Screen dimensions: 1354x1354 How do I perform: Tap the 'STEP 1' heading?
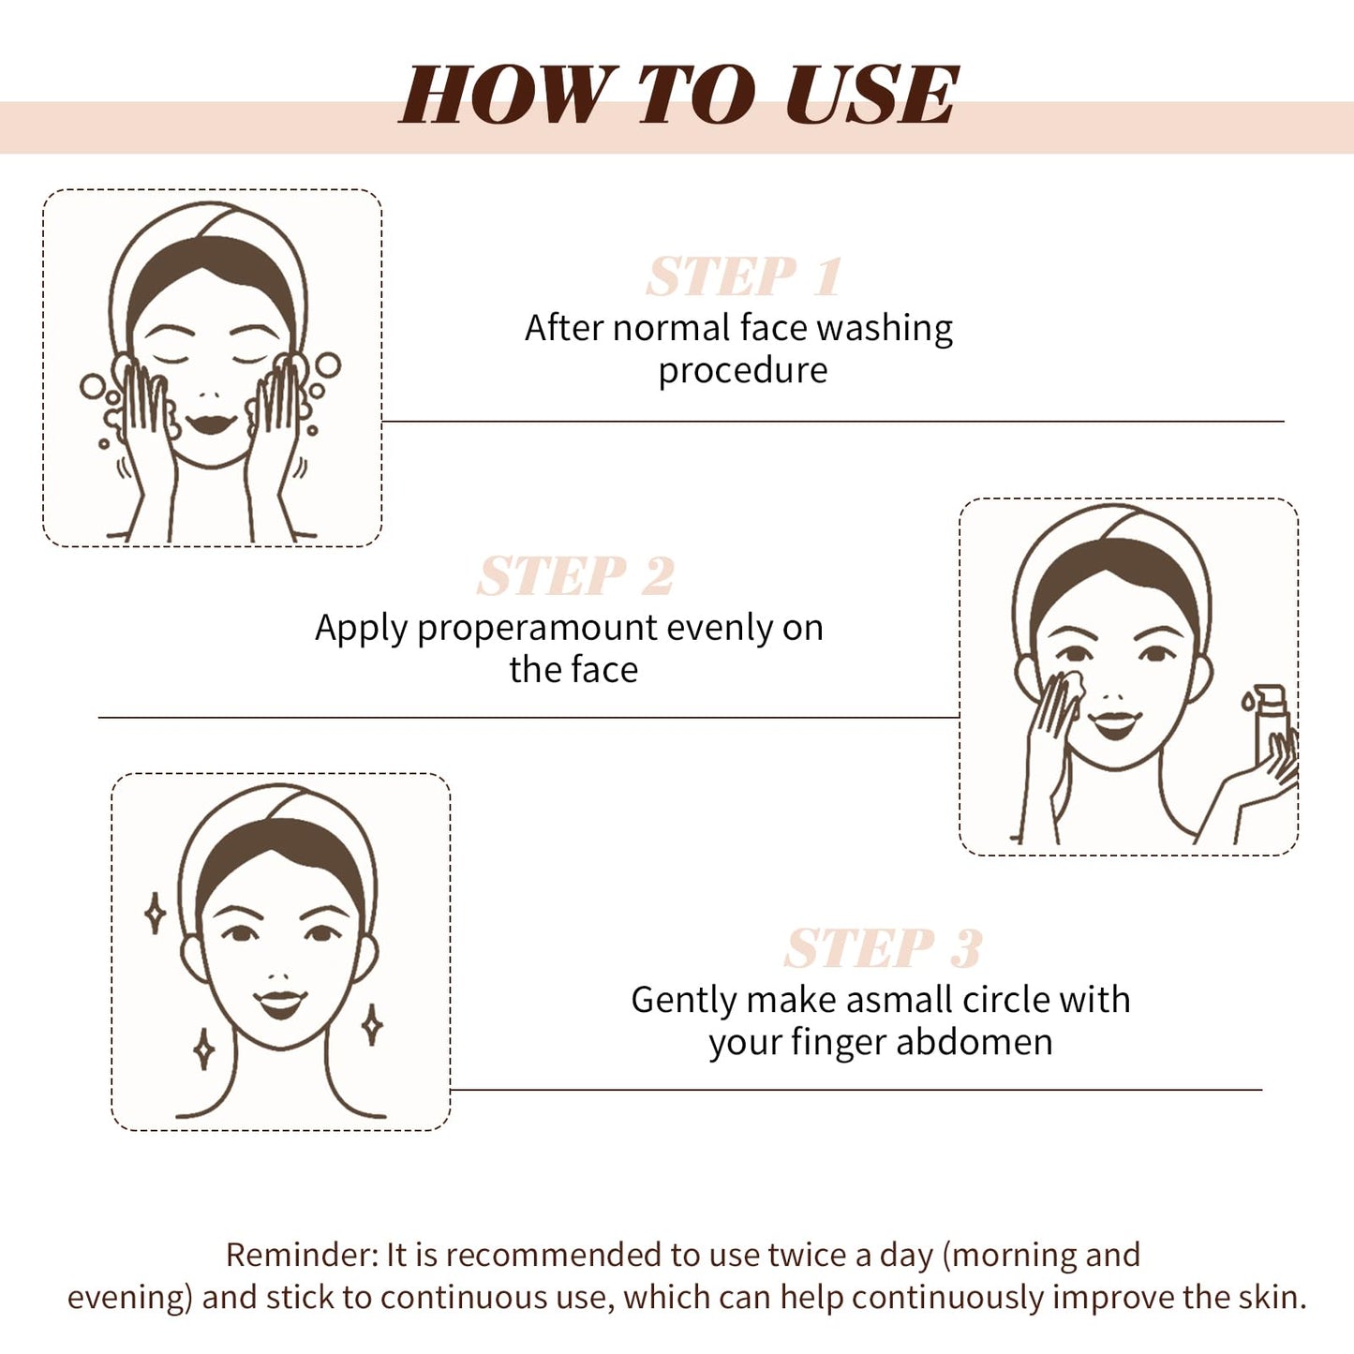pos(744,277)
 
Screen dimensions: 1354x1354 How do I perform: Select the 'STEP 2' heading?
pos(575,576)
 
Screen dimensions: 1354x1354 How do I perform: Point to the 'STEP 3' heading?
pos(883,949)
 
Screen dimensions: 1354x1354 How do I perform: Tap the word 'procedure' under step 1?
pos(742,371)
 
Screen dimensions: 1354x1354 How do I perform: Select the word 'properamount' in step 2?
pos(537,629)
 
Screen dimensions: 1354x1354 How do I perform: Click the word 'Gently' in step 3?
pos(683,1001)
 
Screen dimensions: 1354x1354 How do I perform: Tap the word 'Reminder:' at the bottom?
pos(301,1255)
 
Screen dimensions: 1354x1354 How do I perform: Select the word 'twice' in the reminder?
pos(807,1255)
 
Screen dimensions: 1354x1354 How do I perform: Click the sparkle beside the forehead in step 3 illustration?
pos(156,913)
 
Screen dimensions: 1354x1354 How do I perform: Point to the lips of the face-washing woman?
pos(210,424)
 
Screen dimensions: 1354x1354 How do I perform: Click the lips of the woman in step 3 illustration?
pos(280,1004)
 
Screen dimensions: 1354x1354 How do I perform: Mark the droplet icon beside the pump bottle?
pos(1247,700)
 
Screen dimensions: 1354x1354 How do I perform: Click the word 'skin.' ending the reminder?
pos(1275,1298)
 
